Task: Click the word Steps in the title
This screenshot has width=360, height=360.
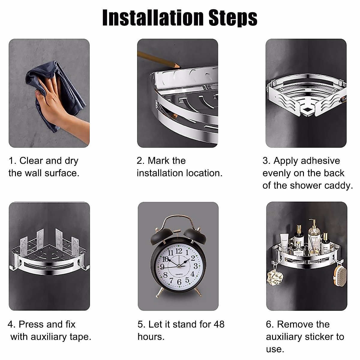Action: (x=233, y=18)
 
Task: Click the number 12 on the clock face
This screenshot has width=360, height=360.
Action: (x=179, y=250)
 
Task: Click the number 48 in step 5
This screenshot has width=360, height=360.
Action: (x=219, y=324)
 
